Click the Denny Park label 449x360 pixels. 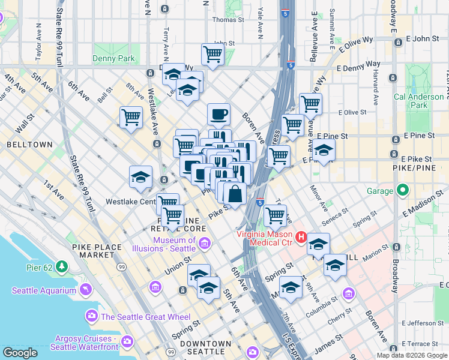(113, 59)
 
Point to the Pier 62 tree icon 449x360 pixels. (62, 266)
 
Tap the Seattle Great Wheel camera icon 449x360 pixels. (92, 316)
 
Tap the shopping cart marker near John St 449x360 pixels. (213, 54)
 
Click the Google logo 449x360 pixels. (20, 353)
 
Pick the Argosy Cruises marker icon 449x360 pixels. (127, 341)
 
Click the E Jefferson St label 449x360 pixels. (424, 323)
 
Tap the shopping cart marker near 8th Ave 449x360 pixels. (131, 117)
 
